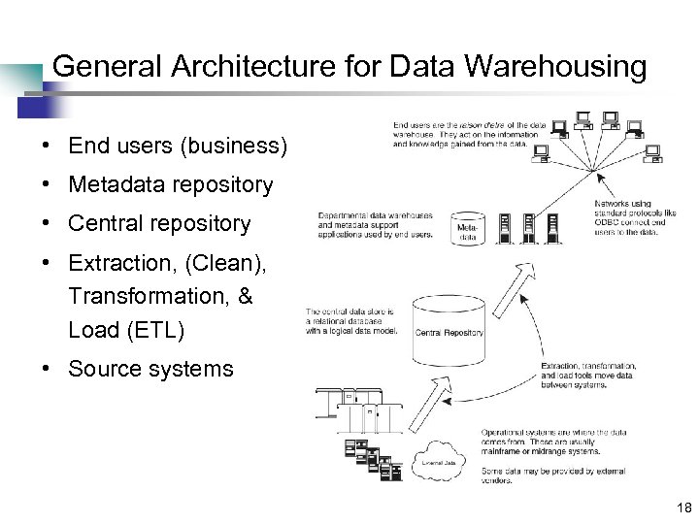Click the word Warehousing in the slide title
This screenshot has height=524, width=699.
[556, 66]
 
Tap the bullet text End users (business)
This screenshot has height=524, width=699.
[178, 146]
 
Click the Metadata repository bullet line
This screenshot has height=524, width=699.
[171, 184]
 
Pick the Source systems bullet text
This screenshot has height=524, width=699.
[150, 369]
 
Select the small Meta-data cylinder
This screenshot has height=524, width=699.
[467, 228]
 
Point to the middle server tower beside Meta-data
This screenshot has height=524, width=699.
[529, 228]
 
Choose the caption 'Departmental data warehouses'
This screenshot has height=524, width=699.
[377, 224]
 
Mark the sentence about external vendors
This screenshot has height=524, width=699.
[553, 475]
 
